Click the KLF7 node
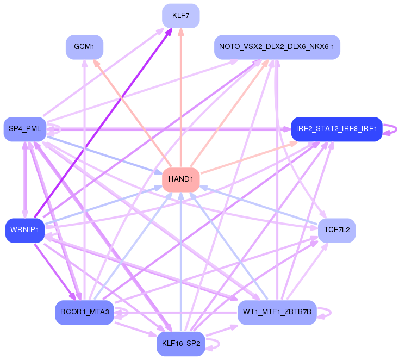click(181, 15)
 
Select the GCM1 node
click(84, 47)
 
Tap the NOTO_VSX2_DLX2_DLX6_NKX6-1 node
click(277, 47)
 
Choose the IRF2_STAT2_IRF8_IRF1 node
click(336, 129)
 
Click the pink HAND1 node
click(181, 179)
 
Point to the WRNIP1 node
click(24, 231)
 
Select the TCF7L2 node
click(336, 231)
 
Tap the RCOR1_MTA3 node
click(84, 312)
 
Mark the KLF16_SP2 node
click(181, 344)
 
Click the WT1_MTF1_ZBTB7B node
click(277, 312)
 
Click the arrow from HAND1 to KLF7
click(181, 98)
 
